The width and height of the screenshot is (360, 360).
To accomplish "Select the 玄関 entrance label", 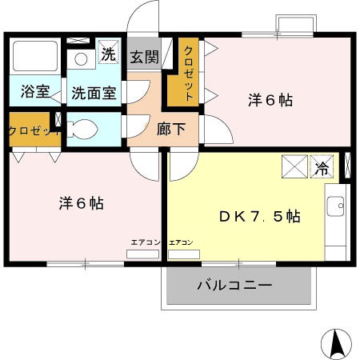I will (x=145, y=58).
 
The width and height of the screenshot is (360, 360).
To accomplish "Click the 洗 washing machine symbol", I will (x=108, y=55).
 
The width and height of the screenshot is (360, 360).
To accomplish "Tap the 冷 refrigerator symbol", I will (x=322, y=168).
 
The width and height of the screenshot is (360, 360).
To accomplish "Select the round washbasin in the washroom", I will (x=80, y=59).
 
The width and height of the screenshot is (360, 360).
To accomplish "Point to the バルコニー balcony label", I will (x=234, y=286).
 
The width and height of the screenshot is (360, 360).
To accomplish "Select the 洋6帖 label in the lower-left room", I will (x=80, y=204).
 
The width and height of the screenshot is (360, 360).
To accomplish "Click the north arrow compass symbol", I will (x=335, y=344).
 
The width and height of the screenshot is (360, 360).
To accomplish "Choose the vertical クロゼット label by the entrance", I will (x=189, y=73).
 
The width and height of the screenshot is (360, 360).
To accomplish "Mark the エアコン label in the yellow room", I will (x=181, y=242).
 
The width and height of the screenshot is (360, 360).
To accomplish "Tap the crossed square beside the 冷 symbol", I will (x=293, y=168).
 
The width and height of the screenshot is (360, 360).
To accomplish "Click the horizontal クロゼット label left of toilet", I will (x=32, y=130).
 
